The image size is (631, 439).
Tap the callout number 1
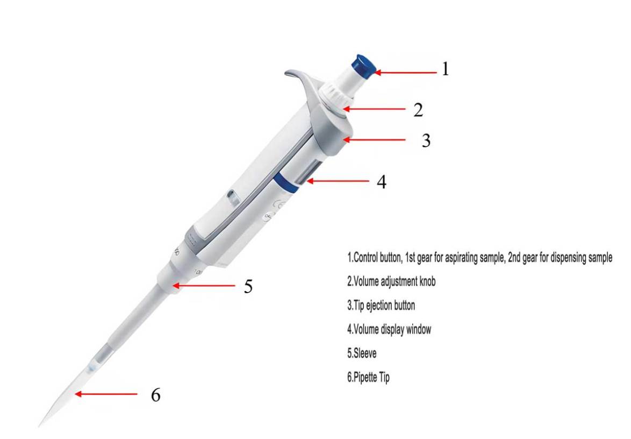click(x=446, y=69)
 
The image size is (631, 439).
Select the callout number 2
click(x=418, y=110)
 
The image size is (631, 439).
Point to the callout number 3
click(x=426, y=141)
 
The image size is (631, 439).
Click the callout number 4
click(x=381, y=182)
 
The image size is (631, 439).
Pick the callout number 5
click(x=248, y=286)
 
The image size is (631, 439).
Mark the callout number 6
click(x=155, y=395)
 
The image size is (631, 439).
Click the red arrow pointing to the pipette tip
click(x=106, y=394)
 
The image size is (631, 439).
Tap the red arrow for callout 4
click(x=338, y=182)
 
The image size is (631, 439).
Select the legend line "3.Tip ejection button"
click(x=381, y=306)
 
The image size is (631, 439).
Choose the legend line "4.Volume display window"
click(x=389, y=330)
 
